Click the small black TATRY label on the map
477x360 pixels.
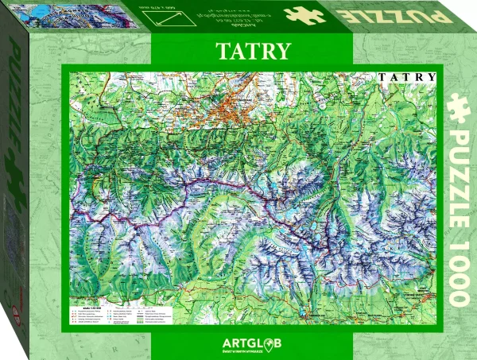click(407, 77)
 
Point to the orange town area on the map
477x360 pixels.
click(231, 110)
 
